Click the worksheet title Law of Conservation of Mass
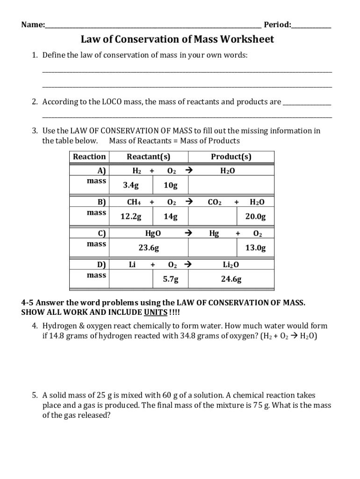click(x=177, y=39)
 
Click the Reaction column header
click(x=89, y=157)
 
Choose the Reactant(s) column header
click(x=148, y=157)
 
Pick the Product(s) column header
click(x=231, y=157)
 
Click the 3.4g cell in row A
click(x=131, y=185)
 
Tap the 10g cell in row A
click(x=171, y=185)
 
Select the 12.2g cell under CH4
click(x=131, y=217)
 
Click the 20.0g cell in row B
click(x=255, y=217)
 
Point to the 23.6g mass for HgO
click(x=149, y=248)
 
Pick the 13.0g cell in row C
click(x=255, y=248)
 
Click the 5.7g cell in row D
click(x=171, y=279)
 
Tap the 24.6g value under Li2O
click(x=231, y=279)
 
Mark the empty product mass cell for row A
click(x=231, y=185)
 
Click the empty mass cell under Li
click(x=131, y=279)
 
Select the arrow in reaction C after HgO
click(x=188, y=233)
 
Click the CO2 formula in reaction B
click(x=215, y=202)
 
